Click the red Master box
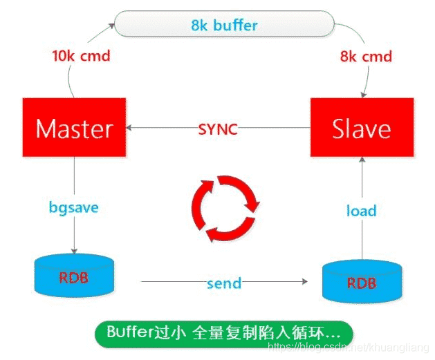pyautogui.click(x=73, y=129)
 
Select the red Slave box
pyautogui.click(x=360, y=129)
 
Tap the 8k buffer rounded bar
pyautogui.click(x=224, y=26)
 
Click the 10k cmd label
pyautogui.click(x=81, y=55)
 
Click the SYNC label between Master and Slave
pyautogui.click(x=218, y=129)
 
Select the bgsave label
pyautogui.click(x=73, y=207)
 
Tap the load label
pyautogui.click(x=361, y=211)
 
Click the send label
pyautogui.click(x=223, y=283)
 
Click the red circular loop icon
pyautogui.click(x=225, y=207)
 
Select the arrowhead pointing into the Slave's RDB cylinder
pyautogui.click(x=304, y=282)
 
